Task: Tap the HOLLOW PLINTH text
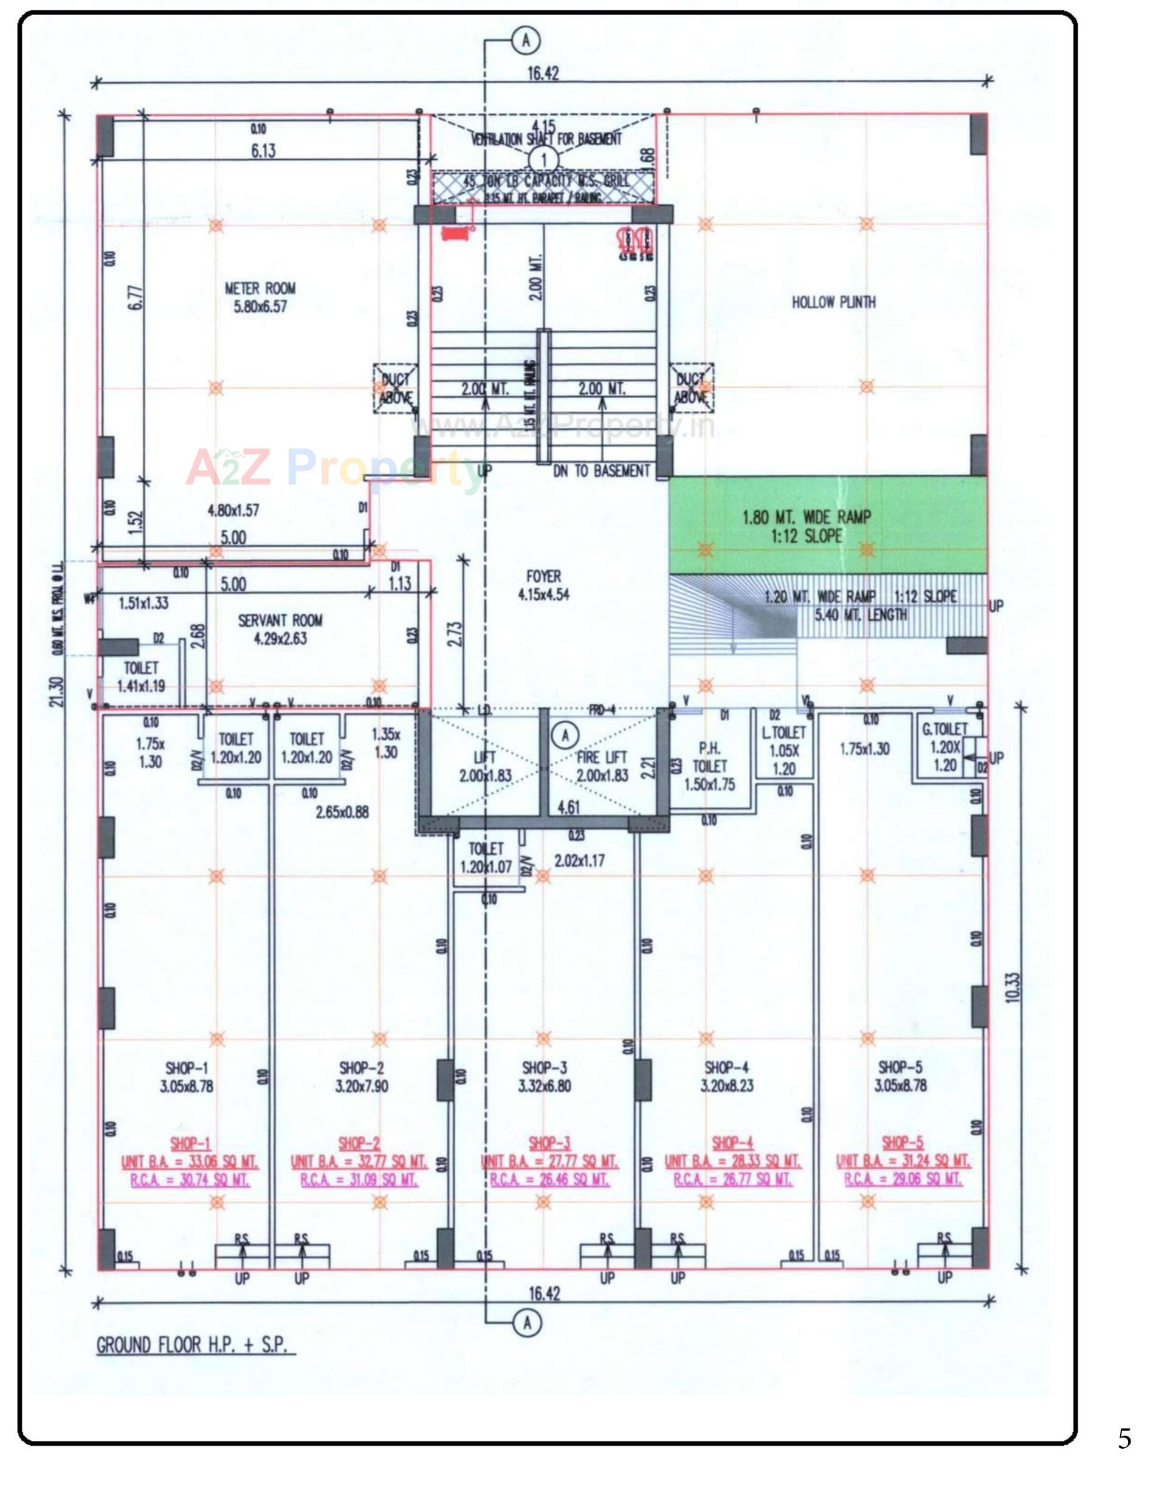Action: [x=833, y=302]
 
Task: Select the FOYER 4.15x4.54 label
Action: [x=543, y=585]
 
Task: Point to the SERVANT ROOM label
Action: [x=280, y=621]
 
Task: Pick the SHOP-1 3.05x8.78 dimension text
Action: [x=187, y=1086]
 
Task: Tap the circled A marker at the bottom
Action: [x=526, y=1323]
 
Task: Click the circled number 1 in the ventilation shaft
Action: [x=544, y=160]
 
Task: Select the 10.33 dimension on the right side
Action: [x=1013, y=987]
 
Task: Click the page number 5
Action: [x=1124, y=1439]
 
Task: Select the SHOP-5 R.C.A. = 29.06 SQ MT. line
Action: [x=903, y=1180]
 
